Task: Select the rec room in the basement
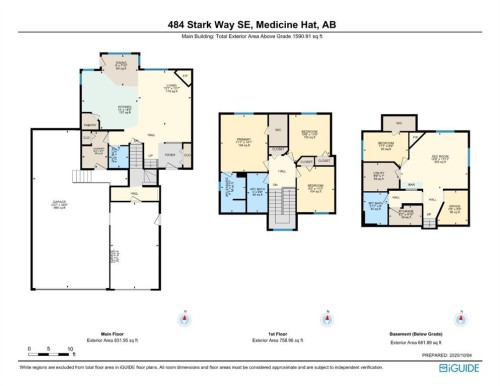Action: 437,158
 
